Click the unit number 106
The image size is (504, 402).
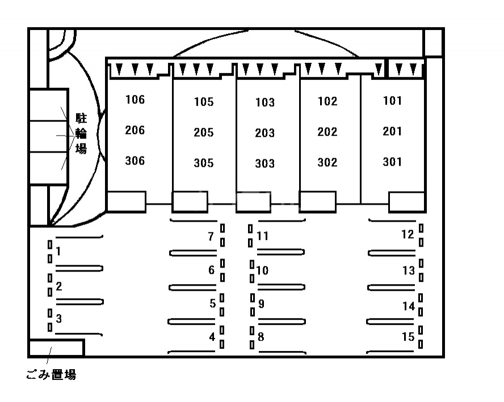point(135,100)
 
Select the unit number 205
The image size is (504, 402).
point(203,133)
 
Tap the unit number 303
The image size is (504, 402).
point(264,164)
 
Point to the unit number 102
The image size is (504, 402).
point(327,101)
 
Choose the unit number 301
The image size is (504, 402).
point(392,162)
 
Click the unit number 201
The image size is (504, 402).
point(392,132)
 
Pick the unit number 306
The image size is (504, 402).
point(135,161)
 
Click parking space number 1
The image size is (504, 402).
point(58,251)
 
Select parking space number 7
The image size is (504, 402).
point(211,236)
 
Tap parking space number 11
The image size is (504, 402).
point(262,236)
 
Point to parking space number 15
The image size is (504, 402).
point(408,337)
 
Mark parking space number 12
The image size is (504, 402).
point(408,234)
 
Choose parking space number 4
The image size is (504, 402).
point(212,337)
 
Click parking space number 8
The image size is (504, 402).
point(261,337)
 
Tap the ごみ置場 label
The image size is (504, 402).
point(51,375)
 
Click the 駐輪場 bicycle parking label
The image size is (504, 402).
point(81,133)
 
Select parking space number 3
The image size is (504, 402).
point(59,319)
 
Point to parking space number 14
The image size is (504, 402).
point(409,307)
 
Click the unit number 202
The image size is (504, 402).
point(327,132)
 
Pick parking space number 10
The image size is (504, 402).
point(262,270)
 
